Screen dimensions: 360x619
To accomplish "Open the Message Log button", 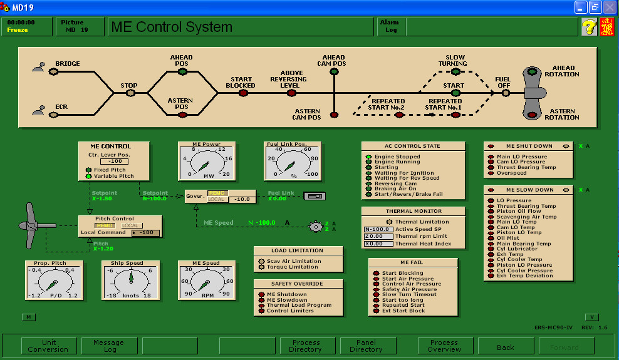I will click(x=108, y=346).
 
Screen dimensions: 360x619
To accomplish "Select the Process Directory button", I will click(x=306, y=346).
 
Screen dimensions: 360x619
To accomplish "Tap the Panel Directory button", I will click(x=367, y=346).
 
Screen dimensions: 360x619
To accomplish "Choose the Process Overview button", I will click(x=444, y=346).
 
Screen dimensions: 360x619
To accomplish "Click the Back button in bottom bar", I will click(x=505, y=346).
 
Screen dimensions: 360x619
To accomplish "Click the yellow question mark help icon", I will click(x=589, y=27).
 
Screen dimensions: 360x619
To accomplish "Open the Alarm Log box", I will click(x=391, y=26).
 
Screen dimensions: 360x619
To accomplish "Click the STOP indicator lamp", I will click(x=130, y=93).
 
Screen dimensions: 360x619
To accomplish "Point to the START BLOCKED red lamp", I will click(x=241, y=93).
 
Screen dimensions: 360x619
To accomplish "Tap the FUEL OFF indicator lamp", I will click(x=505, y=93).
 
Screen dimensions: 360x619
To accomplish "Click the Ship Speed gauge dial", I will click(x=131, y=280).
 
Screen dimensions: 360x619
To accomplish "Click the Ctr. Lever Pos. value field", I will click(x=113, y=162).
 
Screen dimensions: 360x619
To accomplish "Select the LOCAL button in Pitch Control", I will click(x=129, y=225).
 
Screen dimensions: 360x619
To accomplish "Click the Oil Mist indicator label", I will click(x=508, y=238).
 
